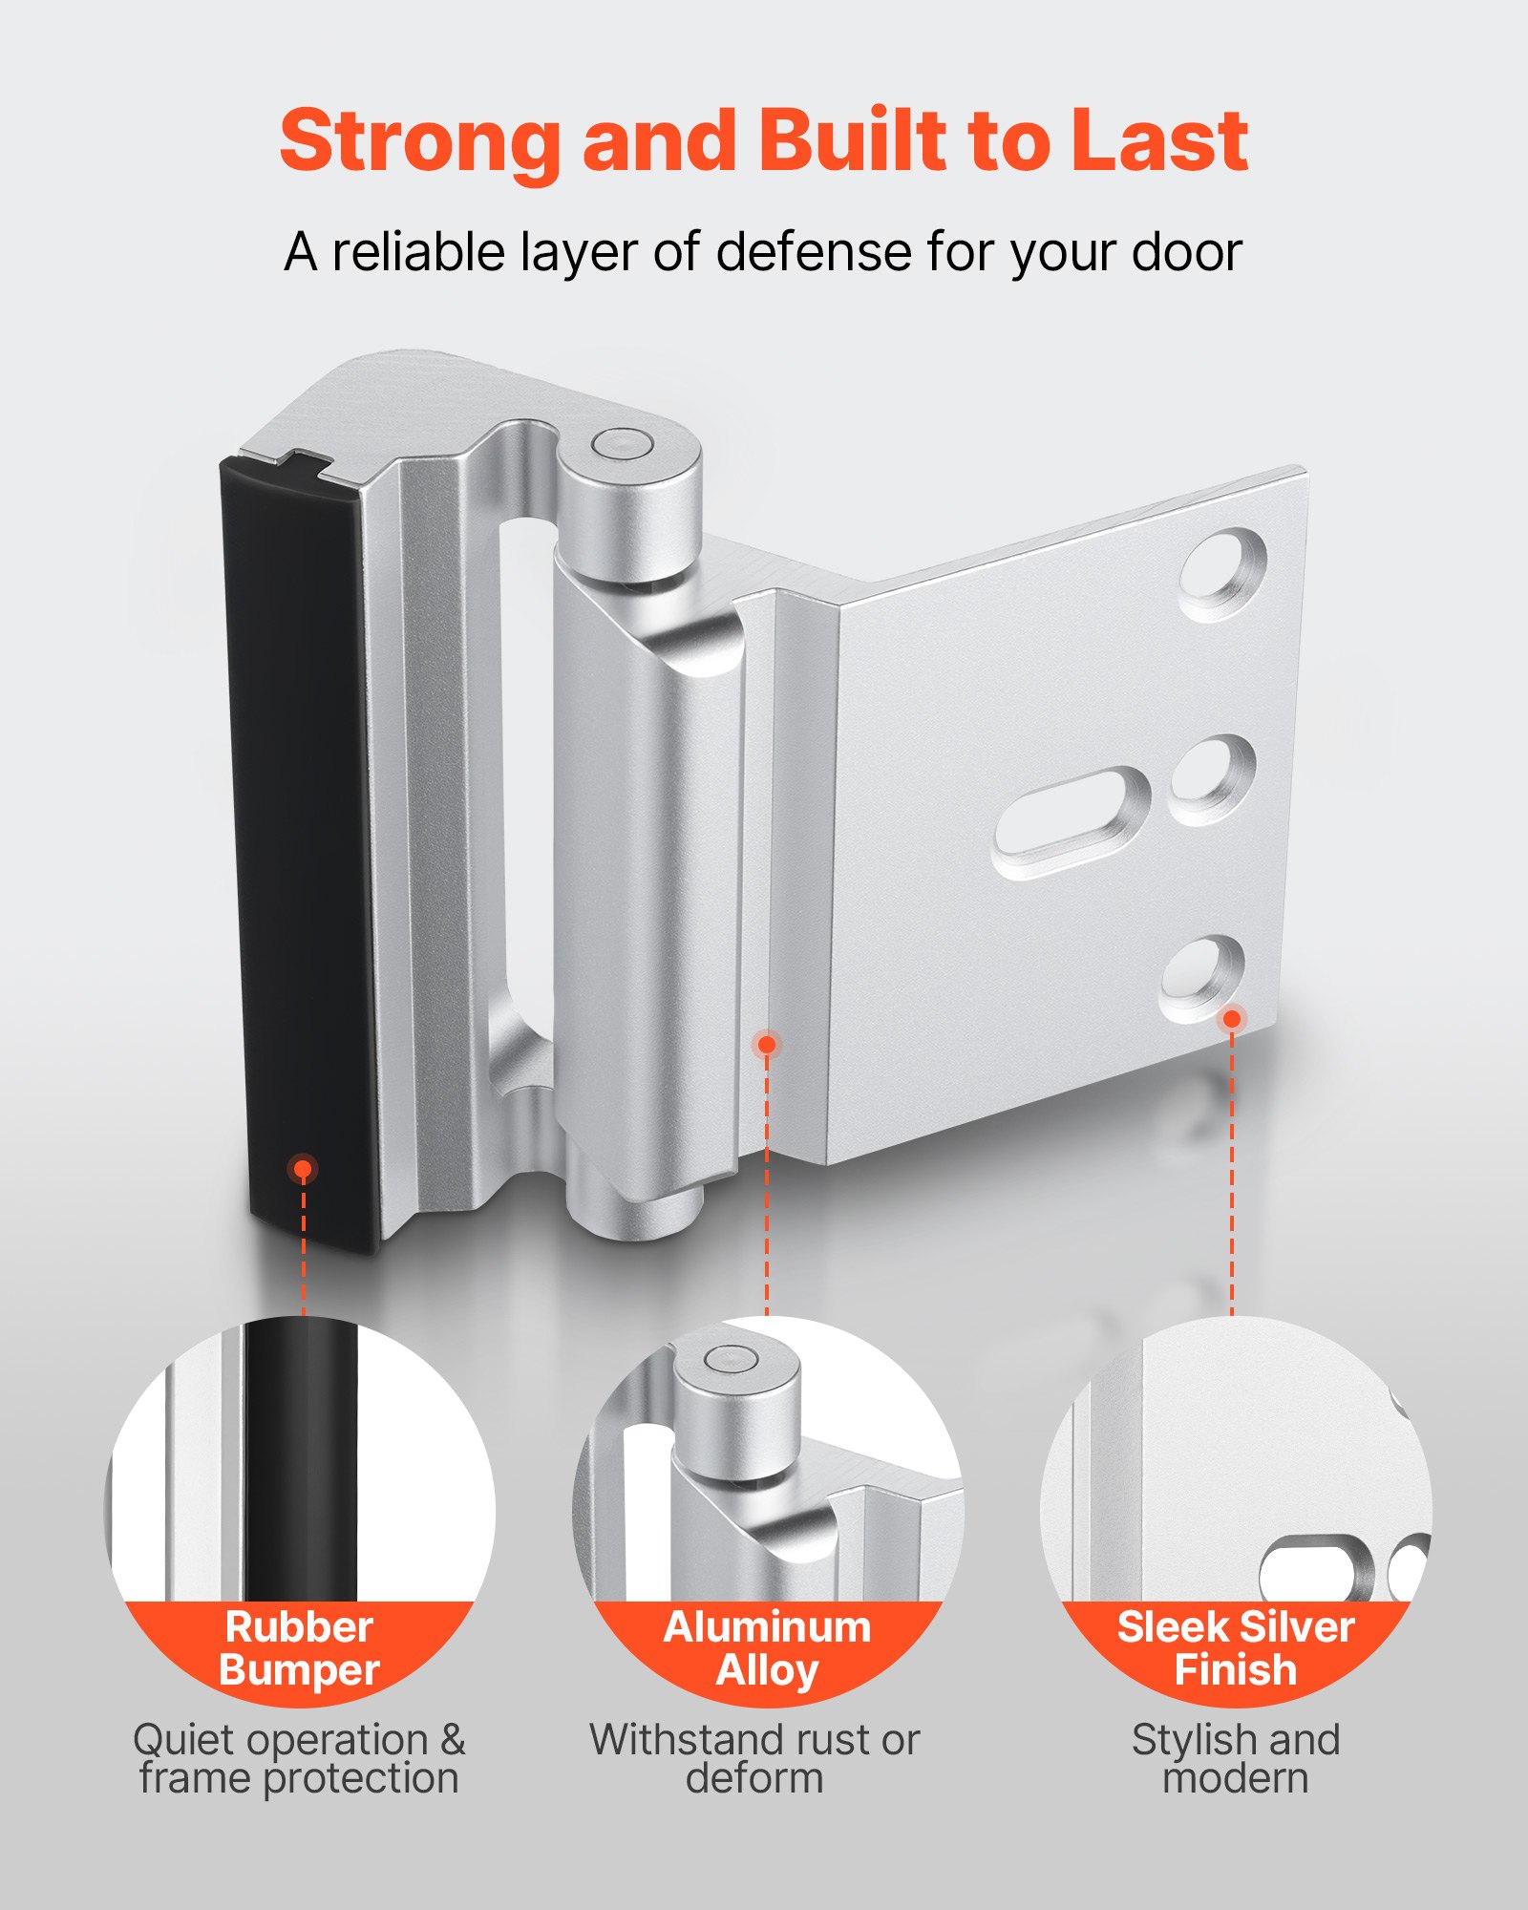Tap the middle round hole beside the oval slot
coord(1212,779)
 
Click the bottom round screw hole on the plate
coord(1202,980)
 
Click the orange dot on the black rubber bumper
coord(303,1168)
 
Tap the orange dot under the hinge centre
coord(766,1044)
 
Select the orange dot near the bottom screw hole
coord(1232,1019)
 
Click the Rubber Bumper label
coord(299,1648)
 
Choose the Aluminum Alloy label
coord(767,1648)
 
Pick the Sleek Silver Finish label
coord(1236,1648)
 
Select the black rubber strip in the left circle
coord(300,1461)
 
